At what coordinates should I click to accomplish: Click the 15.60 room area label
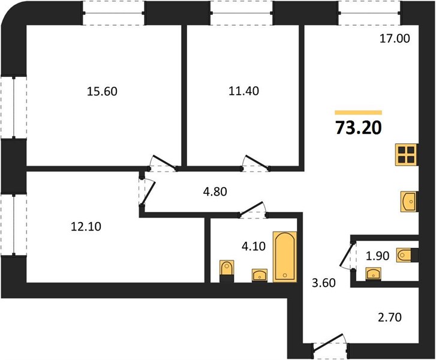102,91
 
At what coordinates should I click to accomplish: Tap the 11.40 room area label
243,91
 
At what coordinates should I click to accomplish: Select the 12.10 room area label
86,227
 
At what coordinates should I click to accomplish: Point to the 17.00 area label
395,38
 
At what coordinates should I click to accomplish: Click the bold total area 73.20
359,128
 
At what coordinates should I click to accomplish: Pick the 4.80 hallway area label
215,191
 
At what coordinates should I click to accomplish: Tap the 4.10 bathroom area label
253,246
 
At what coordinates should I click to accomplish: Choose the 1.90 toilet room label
377,256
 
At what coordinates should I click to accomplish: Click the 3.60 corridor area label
324,283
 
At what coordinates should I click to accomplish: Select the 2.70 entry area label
390,317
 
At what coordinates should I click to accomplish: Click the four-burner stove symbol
406,155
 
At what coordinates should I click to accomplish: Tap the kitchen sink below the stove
409,202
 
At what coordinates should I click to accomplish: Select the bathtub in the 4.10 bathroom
285,257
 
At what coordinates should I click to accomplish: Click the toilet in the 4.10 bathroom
227,271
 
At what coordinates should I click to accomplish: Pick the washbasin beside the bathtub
260,275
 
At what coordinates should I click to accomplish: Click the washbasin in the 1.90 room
373,274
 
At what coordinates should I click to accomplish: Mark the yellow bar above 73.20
359,112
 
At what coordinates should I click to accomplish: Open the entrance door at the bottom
329,343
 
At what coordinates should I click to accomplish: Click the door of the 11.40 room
256,163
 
